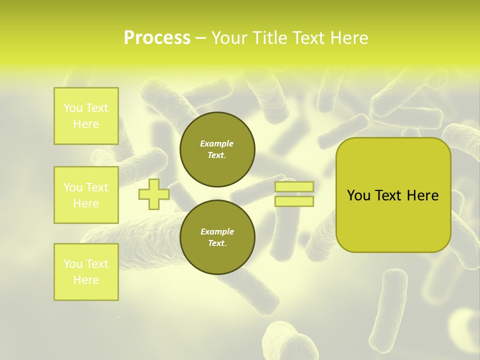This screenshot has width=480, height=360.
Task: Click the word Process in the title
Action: (x=157, y=38)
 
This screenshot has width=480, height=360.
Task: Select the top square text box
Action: (x=86, y=116)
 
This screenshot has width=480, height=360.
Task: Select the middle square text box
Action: (x=86, y=195)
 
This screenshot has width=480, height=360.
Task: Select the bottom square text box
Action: (x=86, y=272)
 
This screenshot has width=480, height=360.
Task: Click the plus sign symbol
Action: (x=153, y=194)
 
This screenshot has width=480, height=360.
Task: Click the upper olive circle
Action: (x=217, y=149)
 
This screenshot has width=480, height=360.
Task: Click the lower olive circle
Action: (x=217, y=237)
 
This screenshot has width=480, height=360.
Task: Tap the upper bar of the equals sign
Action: (x=294, y=186)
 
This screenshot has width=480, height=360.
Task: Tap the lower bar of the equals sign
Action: (x=294, y=201)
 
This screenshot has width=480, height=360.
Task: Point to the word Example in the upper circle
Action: (x=216, y=144)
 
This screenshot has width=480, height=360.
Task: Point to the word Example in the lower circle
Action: (x=216, y=232)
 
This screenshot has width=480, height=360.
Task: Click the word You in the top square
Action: (x=73, y=108)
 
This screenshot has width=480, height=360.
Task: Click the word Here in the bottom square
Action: (x=86, y=280)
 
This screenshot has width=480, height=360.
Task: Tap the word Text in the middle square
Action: (x=97, y=187)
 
